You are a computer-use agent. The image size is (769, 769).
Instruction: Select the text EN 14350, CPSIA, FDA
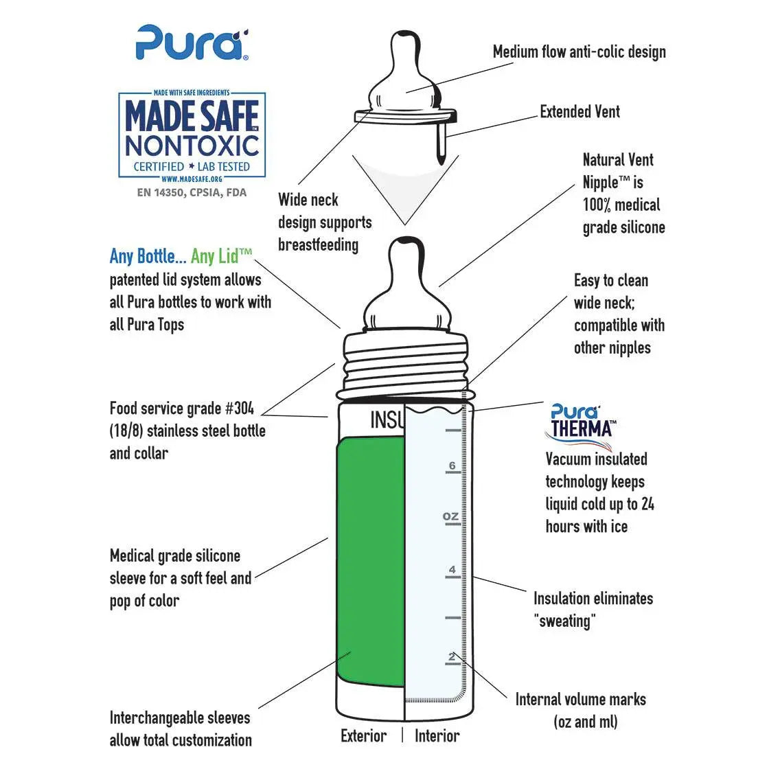pyautogui.click(x=192, y=193)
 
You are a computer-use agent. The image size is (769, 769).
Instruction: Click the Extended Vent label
pyautogui.click(x=579, y=112)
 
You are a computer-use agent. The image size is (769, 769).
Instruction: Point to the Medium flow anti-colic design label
pyautogui.click(x=579, y=52)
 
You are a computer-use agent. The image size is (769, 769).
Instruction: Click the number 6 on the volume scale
pyautogui.click(x=452, y=466)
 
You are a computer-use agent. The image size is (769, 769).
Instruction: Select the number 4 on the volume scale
pyautogui.click(x=452, y=570)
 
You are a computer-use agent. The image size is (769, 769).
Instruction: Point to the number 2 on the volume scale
pyautogui.click(x=452, y=657)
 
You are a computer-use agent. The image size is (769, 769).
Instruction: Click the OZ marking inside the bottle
pyautogui.click(x=450, y=516)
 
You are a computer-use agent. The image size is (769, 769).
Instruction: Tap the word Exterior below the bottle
pyautogui.click(x=363, y=736)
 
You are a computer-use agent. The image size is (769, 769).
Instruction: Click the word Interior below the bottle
pyautogui.click(x=437, y=736)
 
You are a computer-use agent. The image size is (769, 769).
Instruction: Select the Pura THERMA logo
pyautogui.click(x=582, y=421)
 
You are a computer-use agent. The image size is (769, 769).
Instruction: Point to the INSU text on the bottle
pyautogui.click(x=387, y=420)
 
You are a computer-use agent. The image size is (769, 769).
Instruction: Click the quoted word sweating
pyautogui.click(x=564, y=621)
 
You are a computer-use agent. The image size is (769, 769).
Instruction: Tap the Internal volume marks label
pyautogui.click(x=580, y=700)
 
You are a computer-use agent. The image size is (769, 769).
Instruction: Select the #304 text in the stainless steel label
pyautogui.click(x=239, y=409)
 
